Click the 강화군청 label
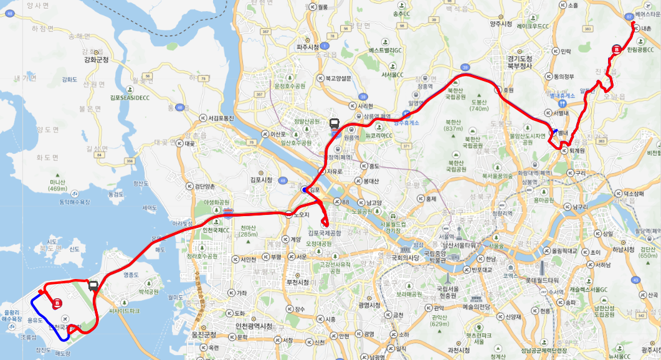(x=96, y=60)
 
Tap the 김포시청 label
(x=260, y=179)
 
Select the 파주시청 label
(x=307, y=47)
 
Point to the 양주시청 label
(x=501, y=24)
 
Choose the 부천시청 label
(x=297, y=282)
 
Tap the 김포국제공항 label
(x=325, y=232)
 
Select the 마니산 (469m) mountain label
(x=57, y=184)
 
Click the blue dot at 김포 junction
(x=304, y=190)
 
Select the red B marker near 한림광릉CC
(x=617, y=49)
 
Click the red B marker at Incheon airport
(x=57, y=303)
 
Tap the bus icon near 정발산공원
(x=335, y=124)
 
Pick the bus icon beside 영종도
(x=93, y=286)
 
